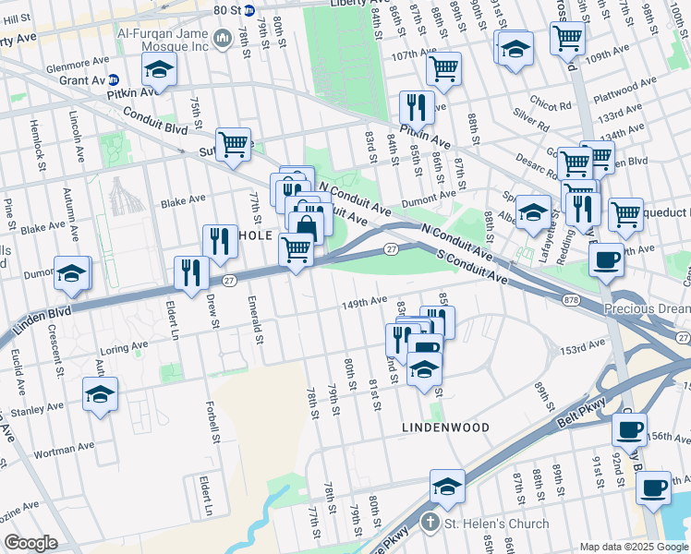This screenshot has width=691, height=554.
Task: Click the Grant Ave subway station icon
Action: click(x=114, y=80)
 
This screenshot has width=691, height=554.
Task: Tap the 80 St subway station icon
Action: click(x=249, y=10)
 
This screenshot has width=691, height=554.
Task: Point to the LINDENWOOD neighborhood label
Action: click(x=438, y=428)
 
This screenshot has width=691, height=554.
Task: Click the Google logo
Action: click(x=30, y=542)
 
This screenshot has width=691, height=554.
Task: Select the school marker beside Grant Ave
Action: click(x=159, y=70)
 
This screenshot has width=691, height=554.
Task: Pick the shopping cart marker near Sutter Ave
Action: click(x=234, y=144)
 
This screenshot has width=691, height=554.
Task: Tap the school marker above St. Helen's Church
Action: click(x=447, y=487)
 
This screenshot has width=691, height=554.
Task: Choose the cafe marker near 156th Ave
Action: click(x=629, y=429)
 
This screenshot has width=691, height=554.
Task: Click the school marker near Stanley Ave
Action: click(x=100, y=394)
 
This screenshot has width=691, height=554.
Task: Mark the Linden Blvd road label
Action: click(x=42, y=320)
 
